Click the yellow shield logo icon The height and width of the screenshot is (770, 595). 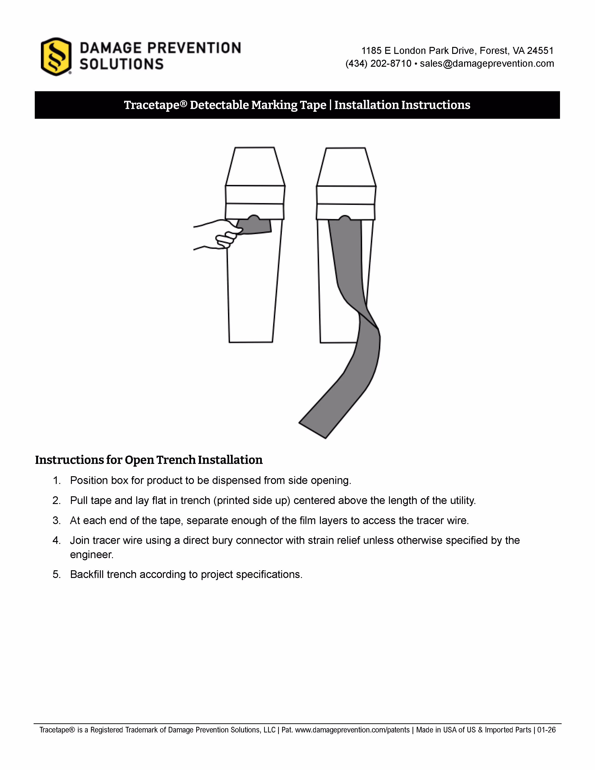pyautogui.click(x=56, y=56)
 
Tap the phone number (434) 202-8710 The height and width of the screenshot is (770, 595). pyautogui.click(x=378, y=63)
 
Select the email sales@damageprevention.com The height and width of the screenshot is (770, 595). pyautogui.click(x=487, y=63)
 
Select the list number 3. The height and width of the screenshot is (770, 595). pyautogui.click(x=56, y=521)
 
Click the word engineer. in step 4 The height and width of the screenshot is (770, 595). pyautogui.click(x=92, y=555)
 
